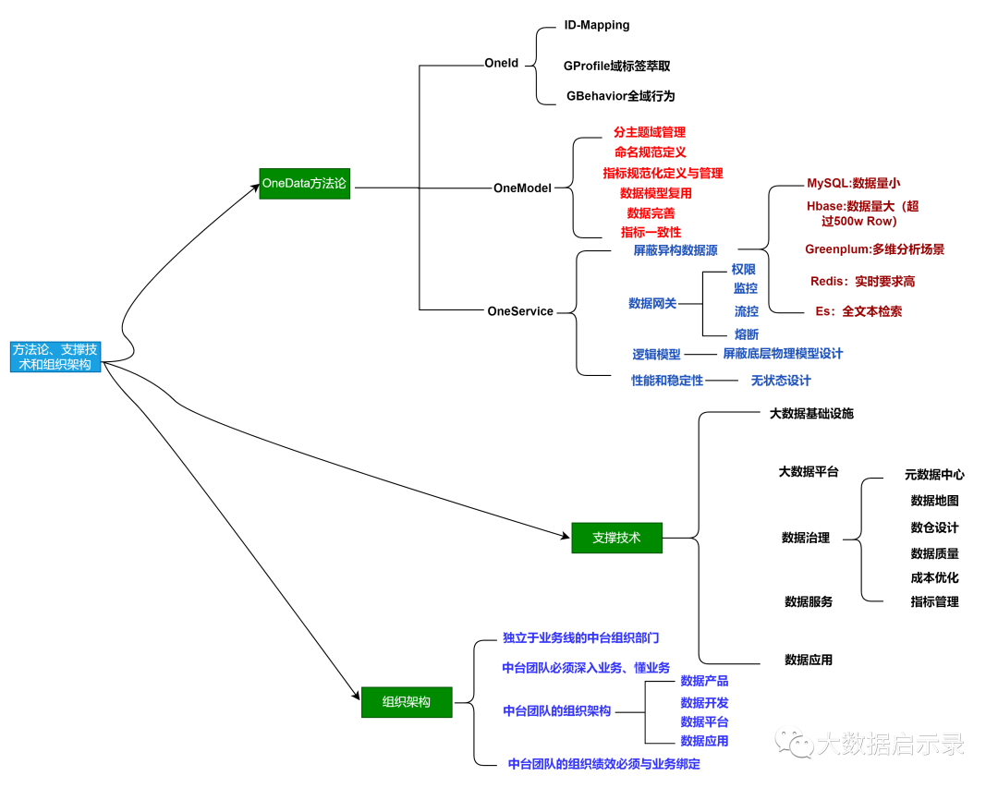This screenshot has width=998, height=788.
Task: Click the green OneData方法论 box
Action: click(x=304, y=184)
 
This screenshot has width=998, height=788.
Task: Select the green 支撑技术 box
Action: click(x=616, y=538)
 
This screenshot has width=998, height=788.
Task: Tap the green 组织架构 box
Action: click(x=407, y=702)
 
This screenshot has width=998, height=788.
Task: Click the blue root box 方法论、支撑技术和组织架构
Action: click(x=55, y=357)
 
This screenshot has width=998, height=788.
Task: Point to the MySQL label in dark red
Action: click(x=854, y=184)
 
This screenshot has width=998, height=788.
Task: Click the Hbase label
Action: click(x=861, y=213)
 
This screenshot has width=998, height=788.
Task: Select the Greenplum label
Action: click(x=874, y=249)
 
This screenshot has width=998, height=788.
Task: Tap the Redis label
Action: click(x=862, y=281)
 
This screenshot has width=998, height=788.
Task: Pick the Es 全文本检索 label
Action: click(x=858, y=311)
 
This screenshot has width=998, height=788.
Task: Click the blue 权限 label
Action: click(x=744, y=270)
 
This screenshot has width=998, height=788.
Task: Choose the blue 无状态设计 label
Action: click(x=780, y=381)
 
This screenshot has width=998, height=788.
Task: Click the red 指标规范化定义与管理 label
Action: click(x=663, y=173)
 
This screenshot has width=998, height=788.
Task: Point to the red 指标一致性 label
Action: click(x=651, y=232)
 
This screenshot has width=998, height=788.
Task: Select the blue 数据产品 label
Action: click(x=704, y=681)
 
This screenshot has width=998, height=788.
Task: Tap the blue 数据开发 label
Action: click(x=704, y=703)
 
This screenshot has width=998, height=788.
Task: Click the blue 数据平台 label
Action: click(x=704, y=721)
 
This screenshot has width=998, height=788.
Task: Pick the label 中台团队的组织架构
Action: click(x=556, y=710)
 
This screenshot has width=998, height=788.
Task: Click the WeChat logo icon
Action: click(x=794, y=741)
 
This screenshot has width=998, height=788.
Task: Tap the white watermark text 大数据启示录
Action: click(x=890, y=744)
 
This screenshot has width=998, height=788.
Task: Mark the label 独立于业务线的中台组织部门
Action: click(x=580, y=637)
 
